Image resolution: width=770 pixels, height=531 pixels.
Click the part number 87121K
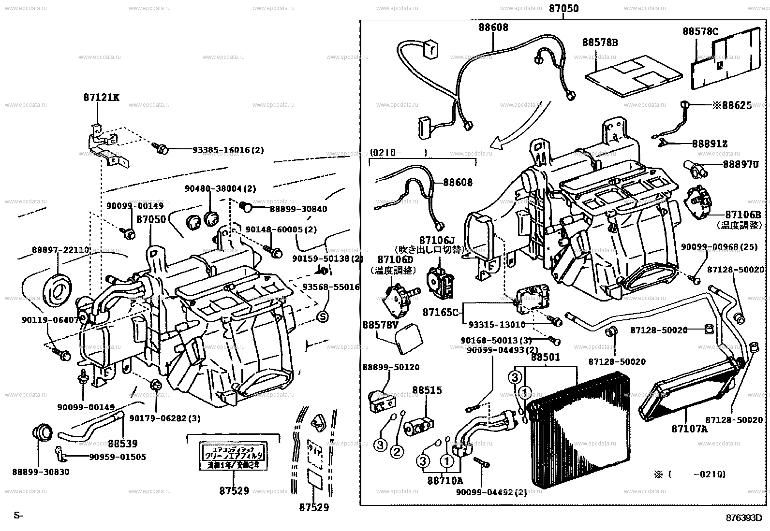point(101,98)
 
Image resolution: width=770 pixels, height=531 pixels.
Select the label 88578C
point(700,31)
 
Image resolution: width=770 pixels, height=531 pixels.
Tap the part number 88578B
point(600,43)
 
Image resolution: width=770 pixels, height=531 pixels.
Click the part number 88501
point(546,358)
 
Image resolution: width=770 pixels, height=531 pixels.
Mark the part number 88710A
point(445,480)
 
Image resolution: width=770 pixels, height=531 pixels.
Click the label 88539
point(123,443)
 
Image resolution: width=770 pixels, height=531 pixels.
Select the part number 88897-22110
point(61,250)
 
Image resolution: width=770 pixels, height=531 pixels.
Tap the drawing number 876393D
point(746,517)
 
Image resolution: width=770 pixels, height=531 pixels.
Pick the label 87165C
point(440,313)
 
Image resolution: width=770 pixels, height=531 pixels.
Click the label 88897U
point(740,165)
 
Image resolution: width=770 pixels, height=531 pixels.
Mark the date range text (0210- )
point(399,153)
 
